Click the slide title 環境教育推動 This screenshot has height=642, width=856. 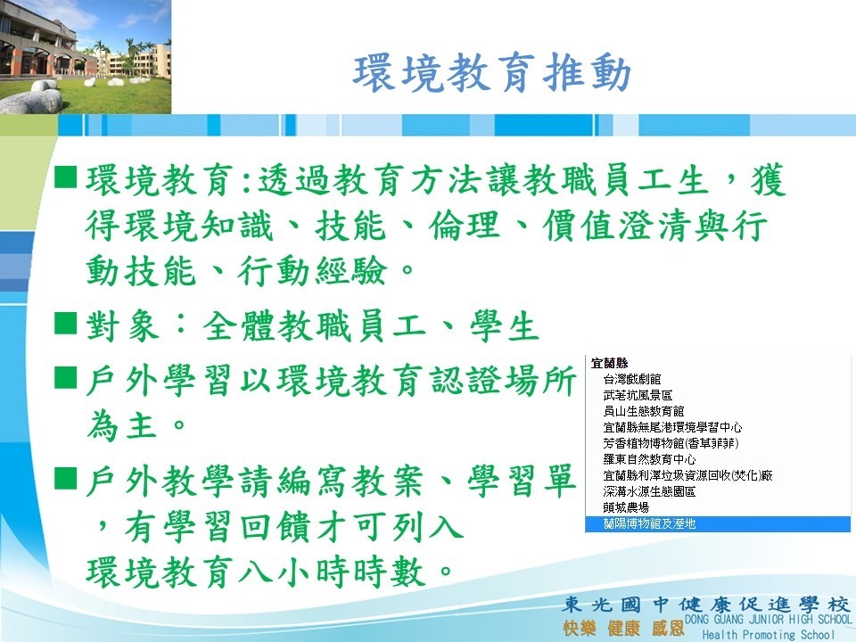point(492,72)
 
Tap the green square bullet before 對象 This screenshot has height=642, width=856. point(65,323)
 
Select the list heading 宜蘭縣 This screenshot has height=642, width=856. point(609,363)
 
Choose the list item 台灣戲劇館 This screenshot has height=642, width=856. point(632,379)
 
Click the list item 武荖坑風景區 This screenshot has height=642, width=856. point(638,395)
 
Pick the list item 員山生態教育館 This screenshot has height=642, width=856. point(644,411)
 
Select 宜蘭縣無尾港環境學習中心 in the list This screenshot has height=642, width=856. point(672,427)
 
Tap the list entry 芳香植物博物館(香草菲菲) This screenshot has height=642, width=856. point(671,443)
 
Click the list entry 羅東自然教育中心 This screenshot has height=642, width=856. point(650,459)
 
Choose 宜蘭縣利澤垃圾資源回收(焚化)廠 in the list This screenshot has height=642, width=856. point(687,475)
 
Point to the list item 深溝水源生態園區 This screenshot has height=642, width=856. point(650,491)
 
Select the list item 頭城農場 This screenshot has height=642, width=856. point(626,507)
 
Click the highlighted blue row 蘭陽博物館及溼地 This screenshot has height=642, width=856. point(718,524)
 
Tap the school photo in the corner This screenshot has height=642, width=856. point(86,57)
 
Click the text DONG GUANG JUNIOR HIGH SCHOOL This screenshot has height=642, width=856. point(768,620)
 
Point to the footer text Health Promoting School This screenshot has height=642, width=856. point(768,634)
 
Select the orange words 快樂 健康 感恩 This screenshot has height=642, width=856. point(623,628)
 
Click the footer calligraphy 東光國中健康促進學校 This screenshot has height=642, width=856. point(706,605)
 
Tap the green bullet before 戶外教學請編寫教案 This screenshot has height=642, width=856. point(65,478)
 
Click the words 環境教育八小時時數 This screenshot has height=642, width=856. point(256,572)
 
